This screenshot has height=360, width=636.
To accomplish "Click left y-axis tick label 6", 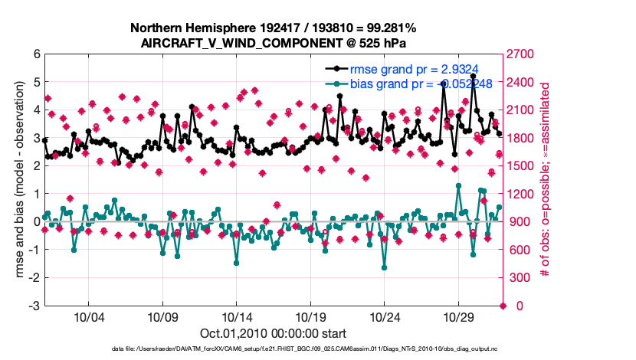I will coord(36,54).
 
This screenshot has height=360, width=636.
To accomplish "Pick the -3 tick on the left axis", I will coord(34,306).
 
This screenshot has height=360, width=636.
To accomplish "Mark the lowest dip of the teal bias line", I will coord(384,267).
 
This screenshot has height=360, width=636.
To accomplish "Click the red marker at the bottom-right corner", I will coord(503,306).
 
